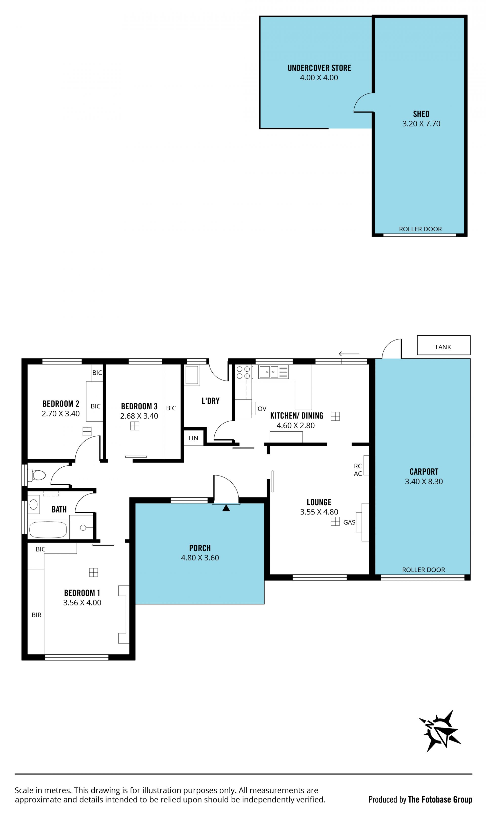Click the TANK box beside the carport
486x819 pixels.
(443, 345)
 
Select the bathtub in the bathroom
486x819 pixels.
(48, 529)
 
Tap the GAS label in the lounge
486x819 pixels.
(349, 522)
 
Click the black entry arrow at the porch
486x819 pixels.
(226, 508)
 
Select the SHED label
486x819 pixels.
(421, 114)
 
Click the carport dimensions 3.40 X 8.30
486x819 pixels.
(424, 481)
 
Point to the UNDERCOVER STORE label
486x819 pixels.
(319, 68)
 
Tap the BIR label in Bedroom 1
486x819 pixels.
(36, 615)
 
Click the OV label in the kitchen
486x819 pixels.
(262, 409)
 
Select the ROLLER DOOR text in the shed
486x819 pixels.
(420, 229)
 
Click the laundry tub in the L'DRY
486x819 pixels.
(192, 375)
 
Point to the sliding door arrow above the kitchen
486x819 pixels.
(349, 354)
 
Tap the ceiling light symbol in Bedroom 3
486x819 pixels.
(135, 426)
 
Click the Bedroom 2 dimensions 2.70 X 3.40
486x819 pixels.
(60, 414)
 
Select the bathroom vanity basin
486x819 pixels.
(33, 504)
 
